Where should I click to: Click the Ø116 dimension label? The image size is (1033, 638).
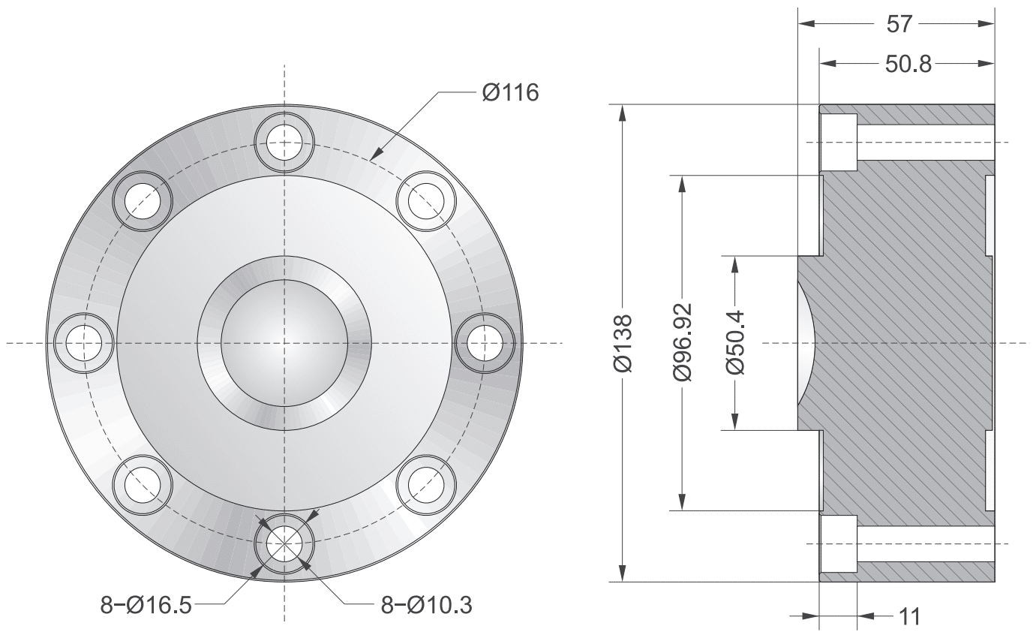510,94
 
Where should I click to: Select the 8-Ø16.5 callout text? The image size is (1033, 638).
146,604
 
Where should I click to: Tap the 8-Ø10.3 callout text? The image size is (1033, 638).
427,604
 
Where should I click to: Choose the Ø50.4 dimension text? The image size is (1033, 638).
735,343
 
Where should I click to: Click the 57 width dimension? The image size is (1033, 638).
899,24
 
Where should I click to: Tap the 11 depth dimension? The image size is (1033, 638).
909,617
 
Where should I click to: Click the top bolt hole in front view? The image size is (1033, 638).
284,141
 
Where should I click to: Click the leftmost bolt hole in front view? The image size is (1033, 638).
84,343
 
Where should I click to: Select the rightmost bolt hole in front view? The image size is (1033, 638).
484,343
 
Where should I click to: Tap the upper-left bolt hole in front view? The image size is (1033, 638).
143,201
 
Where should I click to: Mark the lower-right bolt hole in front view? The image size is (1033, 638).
425,484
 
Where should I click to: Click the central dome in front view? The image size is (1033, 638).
284,343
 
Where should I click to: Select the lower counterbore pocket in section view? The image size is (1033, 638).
839,544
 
